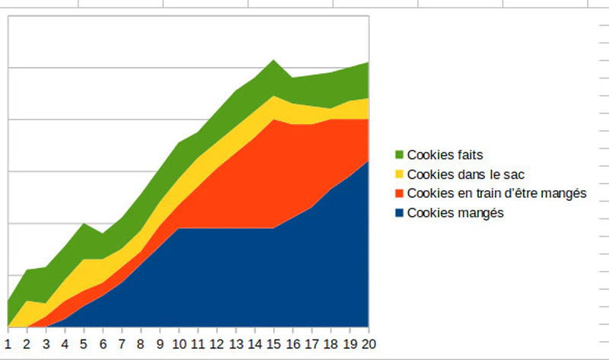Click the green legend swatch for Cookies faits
coord(400,155)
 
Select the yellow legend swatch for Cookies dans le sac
coord(400,174)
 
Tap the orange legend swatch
coord(400,193)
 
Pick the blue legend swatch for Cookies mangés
coord(400,213)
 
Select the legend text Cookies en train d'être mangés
coord(496,193)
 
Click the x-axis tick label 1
coord(8,344)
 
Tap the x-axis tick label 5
coord(84,344)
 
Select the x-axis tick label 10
coord(179,344)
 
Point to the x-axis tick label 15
coord(274,344)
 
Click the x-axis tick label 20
coord(369,344)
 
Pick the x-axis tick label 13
coord(236,344)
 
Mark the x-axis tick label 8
coord(141,344)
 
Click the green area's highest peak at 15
coord(274,60)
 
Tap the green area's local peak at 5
coord(84,225)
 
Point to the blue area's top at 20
coord(368,161)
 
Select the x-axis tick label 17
coord(312,344)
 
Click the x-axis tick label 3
coord(46,344)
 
